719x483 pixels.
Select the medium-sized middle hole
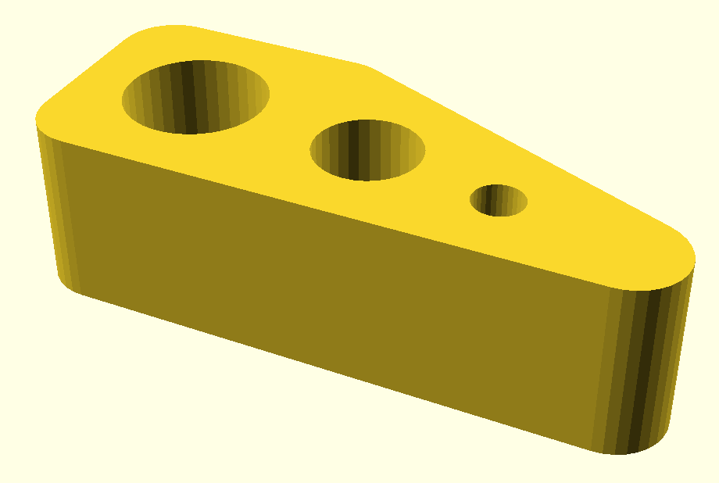[367, 149]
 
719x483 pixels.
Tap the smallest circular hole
[498, 200]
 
